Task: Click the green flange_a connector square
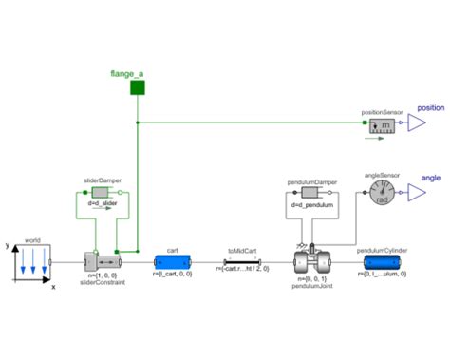pyautogui.click(x=137, y=87)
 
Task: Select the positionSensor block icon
pyautogui.click(x=384, y=124)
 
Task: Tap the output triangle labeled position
pyautogui.click(x=416, y=123)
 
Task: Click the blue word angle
pyautogui.click(x=430, y=178)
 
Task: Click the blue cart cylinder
pyautogui.click(x=172, y=262)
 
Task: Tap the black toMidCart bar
pyautogui.click(x=238, y=262)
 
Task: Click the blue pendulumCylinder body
pyautogui.click(x=382, y=262)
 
